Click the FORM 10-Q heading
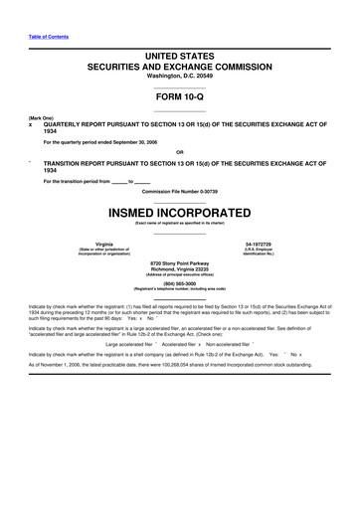(179, 100)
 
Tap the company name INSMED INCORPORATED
(179, 213)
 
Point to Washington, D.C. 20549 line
(179, 75)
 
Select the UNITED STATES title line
(179, 56)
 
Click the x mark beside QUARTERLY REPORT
(31, 126)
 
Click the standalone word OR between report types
(179, 151)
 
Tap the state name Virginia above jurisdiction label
(104, 244)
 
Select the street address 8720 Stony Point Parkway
(179, 262)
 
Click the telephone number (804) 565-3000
(179, 283)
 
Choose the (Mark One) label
(42, 119)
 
